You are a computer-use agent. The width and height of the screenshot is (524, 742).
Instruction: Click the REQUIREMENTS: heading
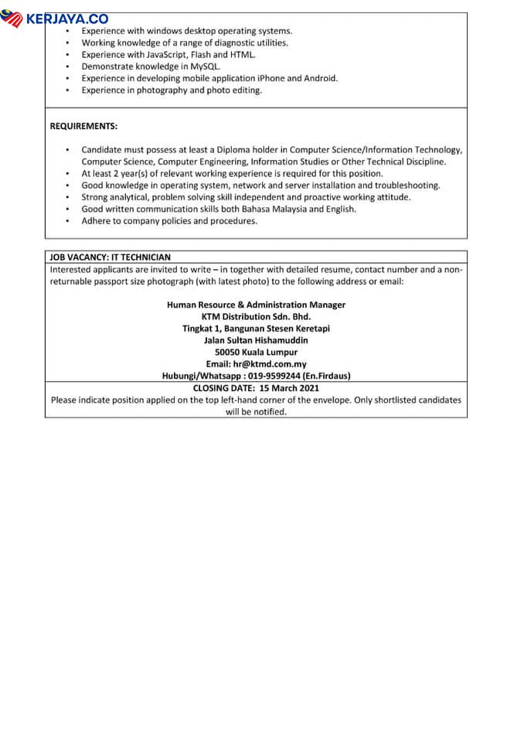pyautogui.click(x=83, y=126)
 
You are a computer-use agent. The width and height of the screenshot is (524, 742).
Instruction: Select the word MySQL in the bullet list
pyautogui.click(x=204, y=66)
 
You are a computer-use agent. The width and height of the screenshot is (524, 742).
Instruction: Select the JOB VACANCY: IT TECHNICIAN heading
pyautogui.click(x=110, y=257)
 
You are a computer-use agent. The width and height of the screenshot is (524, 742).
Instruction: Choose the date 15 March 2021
pyautogui.click(x=289, y=388)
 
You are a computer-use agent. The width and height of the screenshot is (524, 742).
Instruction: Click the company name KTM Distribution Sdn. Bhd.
pyautogui.click(x=256, y=316)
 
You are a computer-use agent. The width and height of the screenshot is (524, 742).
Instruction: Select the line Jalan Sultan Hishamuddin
pyautogui.click(x=256, y=340)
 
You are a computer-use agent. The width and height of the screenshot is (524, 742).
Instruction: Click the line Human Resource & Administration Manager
pyautogui.click(x=256, y=305)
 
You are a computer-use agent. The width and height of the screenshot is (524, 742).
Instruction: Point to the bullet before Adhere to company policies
pyautogui.click(x=67, y=221)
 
